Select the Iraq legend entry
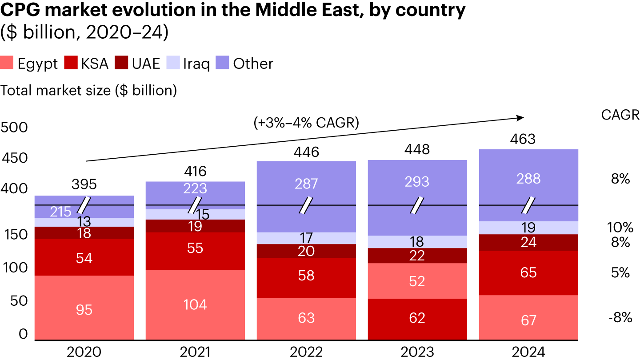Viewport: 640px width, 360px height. click(x=189, y=64)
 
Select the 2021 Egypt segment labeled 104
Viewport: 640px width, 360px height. click(x=195, y=304)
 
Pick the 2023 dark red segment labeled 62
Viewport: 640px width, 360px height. click(x=417, y=318)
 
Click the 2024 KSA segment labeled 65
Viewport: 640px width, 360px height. click(x=528, y=272)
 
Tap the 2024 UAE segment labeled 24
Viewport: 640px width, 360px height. click(x=528, y=242)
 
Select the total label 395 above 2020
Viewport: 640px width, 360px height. click(x=84, y=184)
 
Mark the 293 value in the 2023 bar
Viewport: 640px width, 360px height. click(x=417, y=181)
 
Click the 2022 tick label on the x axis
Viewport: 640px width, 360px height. click(x=306, y=352)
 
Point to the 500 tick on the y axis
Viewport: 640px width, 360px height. click(x=14, y=128)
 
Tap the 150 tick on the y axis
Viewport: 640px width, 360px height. click(x=14, y=234)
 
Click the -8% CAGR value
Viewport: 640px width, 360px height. click(x=620, y=317)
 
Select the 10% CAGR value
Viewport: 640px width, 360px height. click(x=620, y=228)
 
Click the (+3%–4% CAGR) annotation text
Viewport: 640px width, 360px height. click(x=306, y=123)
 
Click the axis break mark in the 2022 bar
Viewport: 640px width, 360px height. click(x=306, y=205)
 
